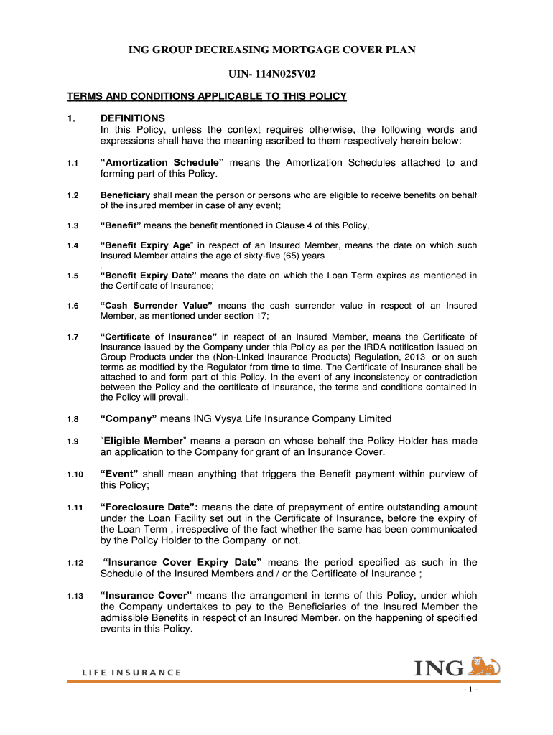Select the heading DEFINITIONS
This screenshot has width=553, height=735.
133,118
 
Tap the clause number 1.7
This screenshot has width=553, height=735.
73,337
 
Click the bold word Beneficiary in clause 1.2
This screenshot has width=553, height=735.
125,195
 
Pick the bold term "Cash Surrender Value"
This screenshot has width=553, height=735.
157,306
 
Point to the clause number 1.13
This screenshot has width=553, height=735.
75,596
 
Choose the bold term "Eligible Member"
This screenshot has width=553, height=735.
144,441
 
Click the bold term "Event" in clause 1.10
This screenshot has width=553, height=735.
119,474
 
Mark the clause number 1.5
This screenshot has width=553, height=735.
73,276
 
